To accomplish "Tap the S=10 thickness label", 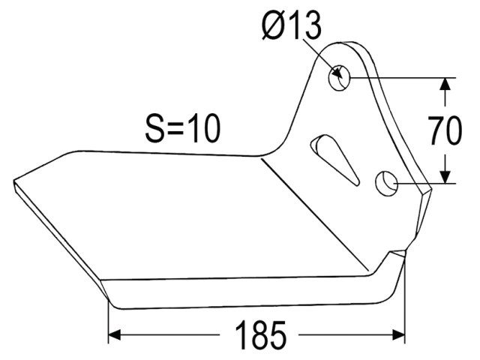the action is pyautogui.click(x=183, y=128).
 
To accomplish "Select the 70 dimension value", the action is pyautogui.click(x=445, y=130).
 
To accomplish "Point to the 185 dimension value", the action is pyautogui.click(x=260, y=335).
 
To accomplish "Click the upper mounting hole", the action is pyautogui.click(x=339, y=78).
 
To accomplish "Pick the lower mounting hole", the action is pyautogui.click(x=386, y=183).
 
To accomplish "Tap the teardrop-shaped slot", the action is pyautogui.click(x=335, y=159).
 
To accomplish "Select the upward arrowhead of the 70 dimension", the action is pyautogui.click(x=445, y=84).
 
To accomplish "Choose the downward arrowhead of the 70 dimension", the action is pyautogui.click(x=445, y=177).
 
